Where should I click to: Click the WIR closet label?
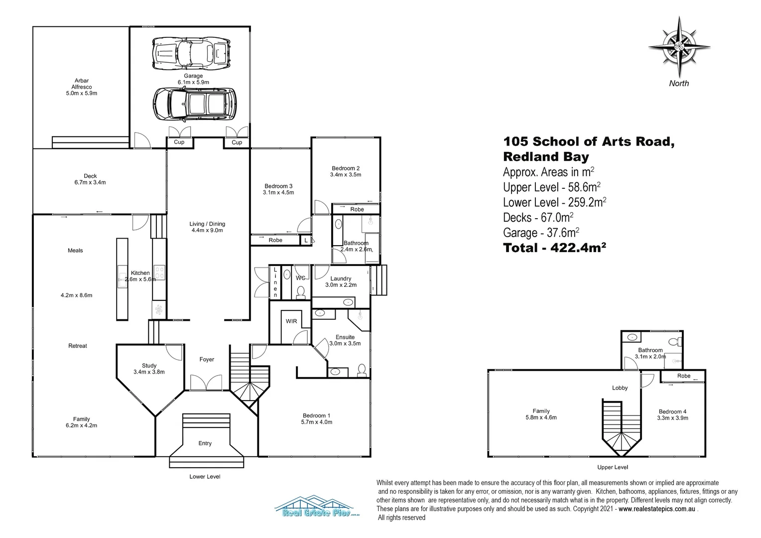click(291, 321)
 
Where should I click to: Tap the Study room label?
click(149, 366)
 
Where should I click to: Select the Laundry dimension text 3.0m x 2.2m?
click(341, 285)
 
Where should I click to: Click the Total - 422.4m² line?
click(554, 248)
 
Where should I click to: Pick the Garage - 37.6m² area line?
click(541, 233)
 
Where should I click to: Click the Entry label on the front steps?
click(205, 443)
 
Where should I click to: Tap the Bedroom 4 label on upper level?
click(672, 411)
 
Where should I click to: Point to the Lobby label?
click(620, 388)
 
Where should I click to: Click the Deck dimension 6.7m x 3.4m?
click(90, 182)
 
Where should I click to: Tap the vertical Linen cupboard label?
click(275, 282)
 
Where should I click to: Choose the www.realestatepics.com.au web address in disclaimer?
click(657, 509)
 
